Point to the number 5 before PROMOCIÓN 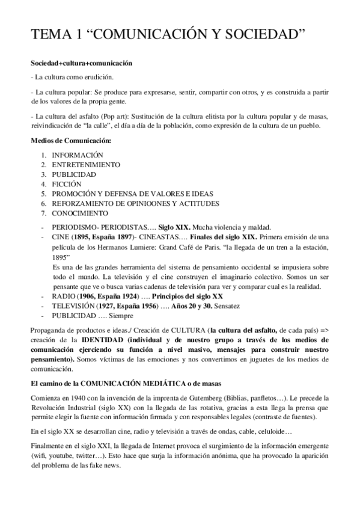tap(43, 194)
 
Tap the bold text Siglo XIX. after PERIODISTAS tap(174, 227)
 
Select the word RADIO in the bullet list tap(64, 296)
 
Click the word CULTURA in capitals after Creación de tap(187, 331)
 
